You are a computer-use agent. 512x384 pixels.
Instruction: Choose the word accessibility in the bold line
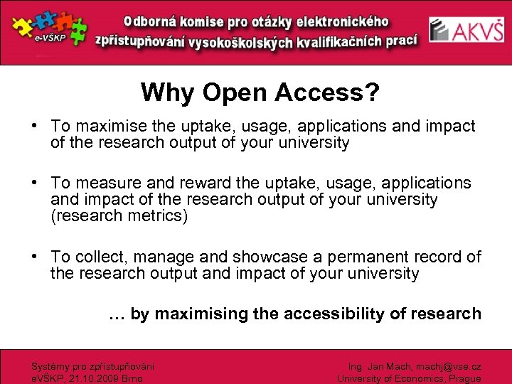(x=341, y=314)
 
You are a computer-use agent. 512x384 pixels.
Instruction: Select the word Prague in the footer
(x=464, y=379)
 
